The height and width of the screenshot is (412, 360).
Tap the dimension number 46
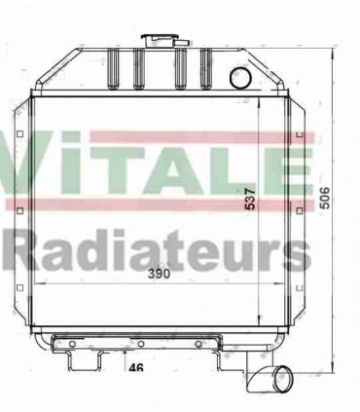click(x=136, y=368)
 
